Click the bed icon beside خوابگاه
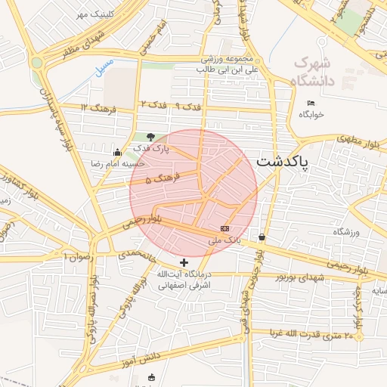tap(311, 104)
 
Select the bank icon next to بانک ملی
tap(225, 228)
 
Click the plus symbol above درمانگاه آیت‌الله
tap(184, 262)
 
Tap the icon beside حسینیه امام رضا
tap(116, 152)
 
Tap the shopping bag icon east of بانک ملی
tap(262, 237)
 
